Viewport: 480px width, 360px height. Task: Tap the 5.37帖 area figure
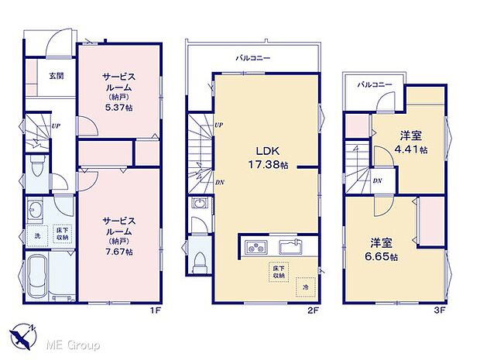point(118,108)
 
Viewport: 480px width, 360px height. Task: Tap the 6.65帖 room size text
point(384,257)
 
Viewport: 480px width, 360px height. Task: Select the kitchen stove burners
point(256,248)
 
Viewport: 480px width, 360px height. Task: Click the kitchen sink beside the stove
point(291,248)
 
